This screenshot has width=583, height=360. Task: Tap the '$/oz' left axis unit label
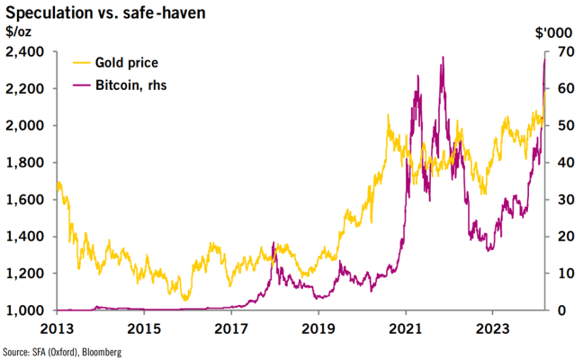click(16, 33)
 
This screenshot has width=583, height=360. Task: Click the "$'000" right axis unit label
click(551, 33)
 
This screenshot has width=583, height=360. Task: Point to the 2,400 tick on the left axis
click(22, 52)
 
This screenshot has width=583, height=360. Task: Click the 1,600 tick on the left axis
click(22, 200)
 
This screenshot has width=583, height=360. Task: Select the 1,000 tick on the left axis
click(22, 310)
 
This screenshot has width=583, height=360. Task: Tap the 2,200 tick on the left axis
click(22, 89)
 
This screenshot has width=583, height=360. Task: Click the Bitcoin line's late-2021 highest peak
click(443, 58)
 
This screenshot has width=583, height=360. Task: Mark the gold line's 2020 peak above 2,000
click(388, 115)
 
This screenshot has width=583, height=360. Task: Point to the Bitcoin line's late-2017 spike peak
click(274, 242)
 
